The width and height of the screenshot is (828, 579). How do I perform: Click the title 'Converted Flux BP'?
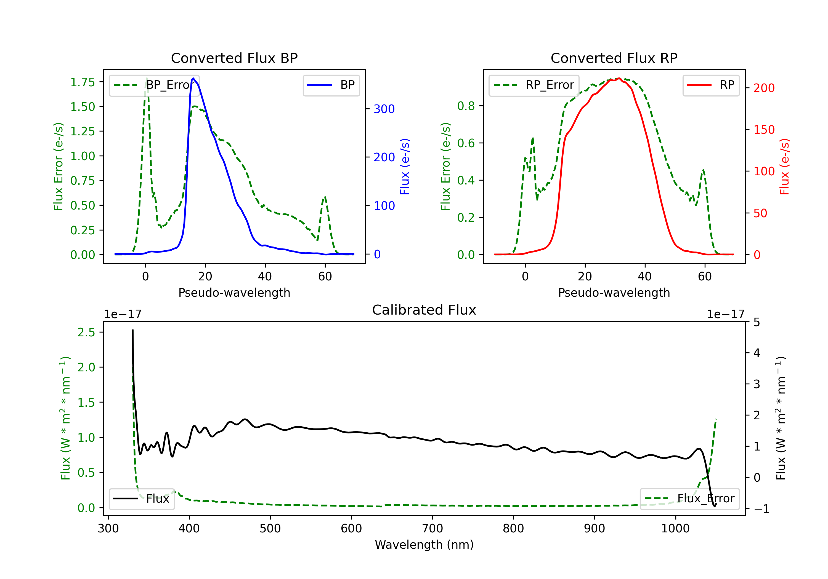pos(234,58)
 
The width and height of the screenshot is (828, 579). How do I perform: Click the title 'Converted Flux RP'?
pos(614,58)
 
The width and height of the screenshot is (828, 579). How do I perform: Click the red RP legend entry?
pos(711,85)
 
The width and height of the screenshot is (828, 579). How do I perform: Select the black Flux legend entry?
pos(142,499)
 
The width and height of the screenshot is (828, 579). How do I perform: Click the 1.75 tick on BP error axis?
pos(83,82)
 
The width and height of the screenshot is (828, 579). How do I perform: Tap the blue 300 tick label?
pos(384,109)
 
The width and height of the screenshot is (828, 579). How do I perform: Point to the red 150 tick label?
pos(764,130)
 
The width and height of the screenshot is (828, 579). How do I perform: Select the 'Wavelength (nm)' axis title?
pos(424,545)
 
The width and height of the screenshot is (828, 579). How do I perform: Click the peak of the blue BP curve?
pos(193,78)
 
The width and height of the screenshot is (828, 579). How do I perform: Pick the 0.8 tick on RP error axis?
pos(466,106)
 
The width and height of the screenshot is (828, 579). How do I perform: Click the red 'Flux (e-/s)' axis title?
pos(785,167)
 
